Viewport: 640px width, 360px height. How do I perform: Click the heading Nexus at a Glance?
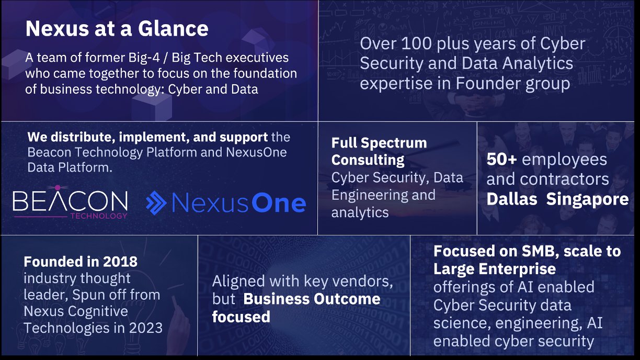click(117, 28)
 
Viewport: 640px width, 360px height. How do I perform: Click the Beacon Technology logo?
click(70, 202)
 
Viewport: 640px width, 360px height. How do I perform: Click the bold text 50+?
click(502, 160)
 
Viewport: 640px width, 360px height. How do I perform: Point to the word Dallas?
click(511, 199)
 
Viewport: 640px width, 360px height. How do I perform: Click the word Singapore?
click(587, 199)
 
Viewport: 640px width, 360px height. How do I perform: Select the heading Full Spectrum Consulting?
click(379, 151)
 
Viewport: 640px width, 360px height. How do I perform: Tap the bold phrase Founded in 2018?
click(81, 261)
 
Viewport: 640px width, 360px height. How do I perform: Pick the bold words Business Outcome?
click(312, 299)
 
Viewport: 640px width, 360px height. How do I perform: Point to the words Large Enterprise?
click(494, 269)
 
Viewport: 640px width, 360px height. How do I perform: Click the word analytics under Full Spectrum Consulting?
click(360, 213)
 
